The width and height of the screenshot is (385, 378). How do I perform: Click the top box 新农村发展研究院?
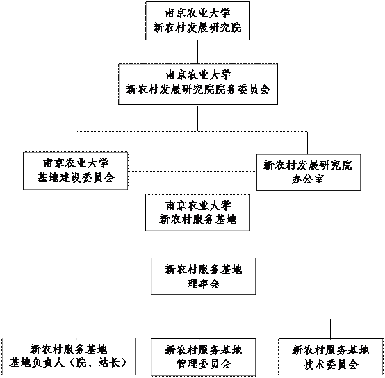click(197, 21)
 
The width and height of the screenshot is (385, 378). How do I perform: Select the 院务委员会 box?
click(198, 84)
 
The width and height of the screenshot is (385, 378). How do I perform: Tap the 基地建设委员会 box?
click(76, 171)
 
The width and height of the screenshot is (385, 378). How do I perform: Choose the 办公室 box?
click(309, 172)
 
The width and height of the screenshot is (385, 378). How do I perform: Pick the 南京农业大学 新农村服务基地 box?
click(197, 213)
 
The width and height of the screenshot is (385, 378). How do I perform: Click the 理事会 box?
click(204, 276)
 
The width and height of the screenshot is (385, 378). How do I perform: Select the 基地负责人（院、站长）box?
click(69, 356)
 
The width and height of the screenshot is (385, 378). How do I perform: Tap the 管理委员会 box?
click(204, 357)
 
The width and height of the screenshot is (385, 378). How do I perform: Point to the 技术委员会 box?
click(331, 357)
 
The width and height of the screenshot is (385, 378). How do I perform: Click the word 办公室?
click(308, 180)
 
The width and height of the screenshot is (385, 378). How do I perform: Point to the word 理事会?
click(204, 283)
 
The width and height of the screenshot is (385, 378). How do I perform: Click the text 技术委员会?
click(331, 364)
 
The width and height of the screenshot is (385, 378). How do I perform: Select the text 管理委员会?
click(204, 364)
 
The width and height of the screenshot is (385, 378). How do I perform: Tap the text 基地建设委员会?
click(76, 178)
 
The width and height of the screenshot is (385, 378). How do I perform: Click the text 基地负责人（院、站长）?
click(68, 363)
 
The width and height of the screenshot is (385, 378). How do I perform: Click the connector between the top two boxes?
click(197, 52)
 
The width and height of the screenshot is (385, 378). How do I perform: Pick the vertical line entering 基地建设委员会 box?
click(76, 142)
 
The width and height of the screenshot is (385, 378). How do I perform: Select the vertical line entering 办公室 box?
click(307, 143)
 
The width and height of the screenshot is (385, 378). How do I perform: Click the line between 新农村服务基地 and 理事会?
click(199, 245)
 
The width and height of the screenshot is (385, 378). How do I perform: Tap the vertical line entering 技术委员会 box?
click(330, 329)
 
